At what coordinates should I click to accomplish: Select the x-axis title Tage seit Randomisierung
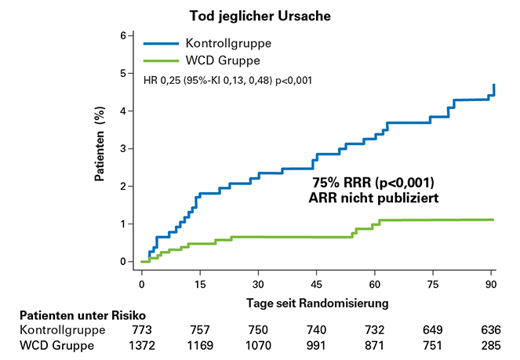[x=317, y=300]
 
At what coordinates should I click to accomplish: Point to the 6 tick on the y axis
[x=123, y=36]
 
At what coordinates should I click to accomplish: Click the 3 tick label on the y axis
[x=123, y=148]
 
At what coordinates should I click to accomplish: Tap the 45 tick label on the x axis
[x=317, y=283]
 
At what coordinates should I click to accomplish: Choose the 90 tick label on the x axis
[x=492, y=283]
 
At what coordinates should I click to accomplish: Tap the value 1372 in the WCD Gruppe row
[x=141, y=346]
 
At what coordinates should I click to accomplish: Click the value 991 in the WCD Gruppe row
[x=317, y=346]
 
